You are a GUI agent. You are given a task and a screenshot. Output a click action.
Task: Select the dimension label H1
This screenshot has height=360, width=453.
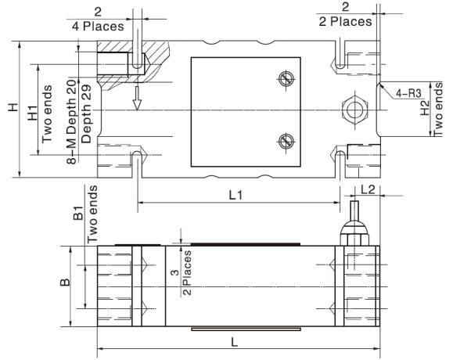(32, 112)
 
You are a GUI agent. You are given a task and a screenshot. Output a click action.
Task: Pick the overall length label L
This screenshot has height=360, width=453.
(235, 340)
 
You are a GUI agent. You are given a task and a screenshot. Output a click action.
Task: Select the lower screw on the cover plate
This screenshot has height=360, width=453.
(286, 141)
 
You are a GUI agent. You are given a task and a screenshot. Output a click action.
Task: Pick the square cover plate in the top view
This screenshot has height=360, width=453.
(246, 111)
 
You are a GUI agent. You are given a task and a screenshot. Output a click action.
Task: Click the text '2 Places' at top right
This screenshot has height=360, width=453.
(346, 21)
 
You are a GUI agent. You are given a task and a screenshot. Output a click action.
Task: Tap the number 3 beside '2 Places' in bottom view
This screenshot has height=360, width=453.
(173, 272)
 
